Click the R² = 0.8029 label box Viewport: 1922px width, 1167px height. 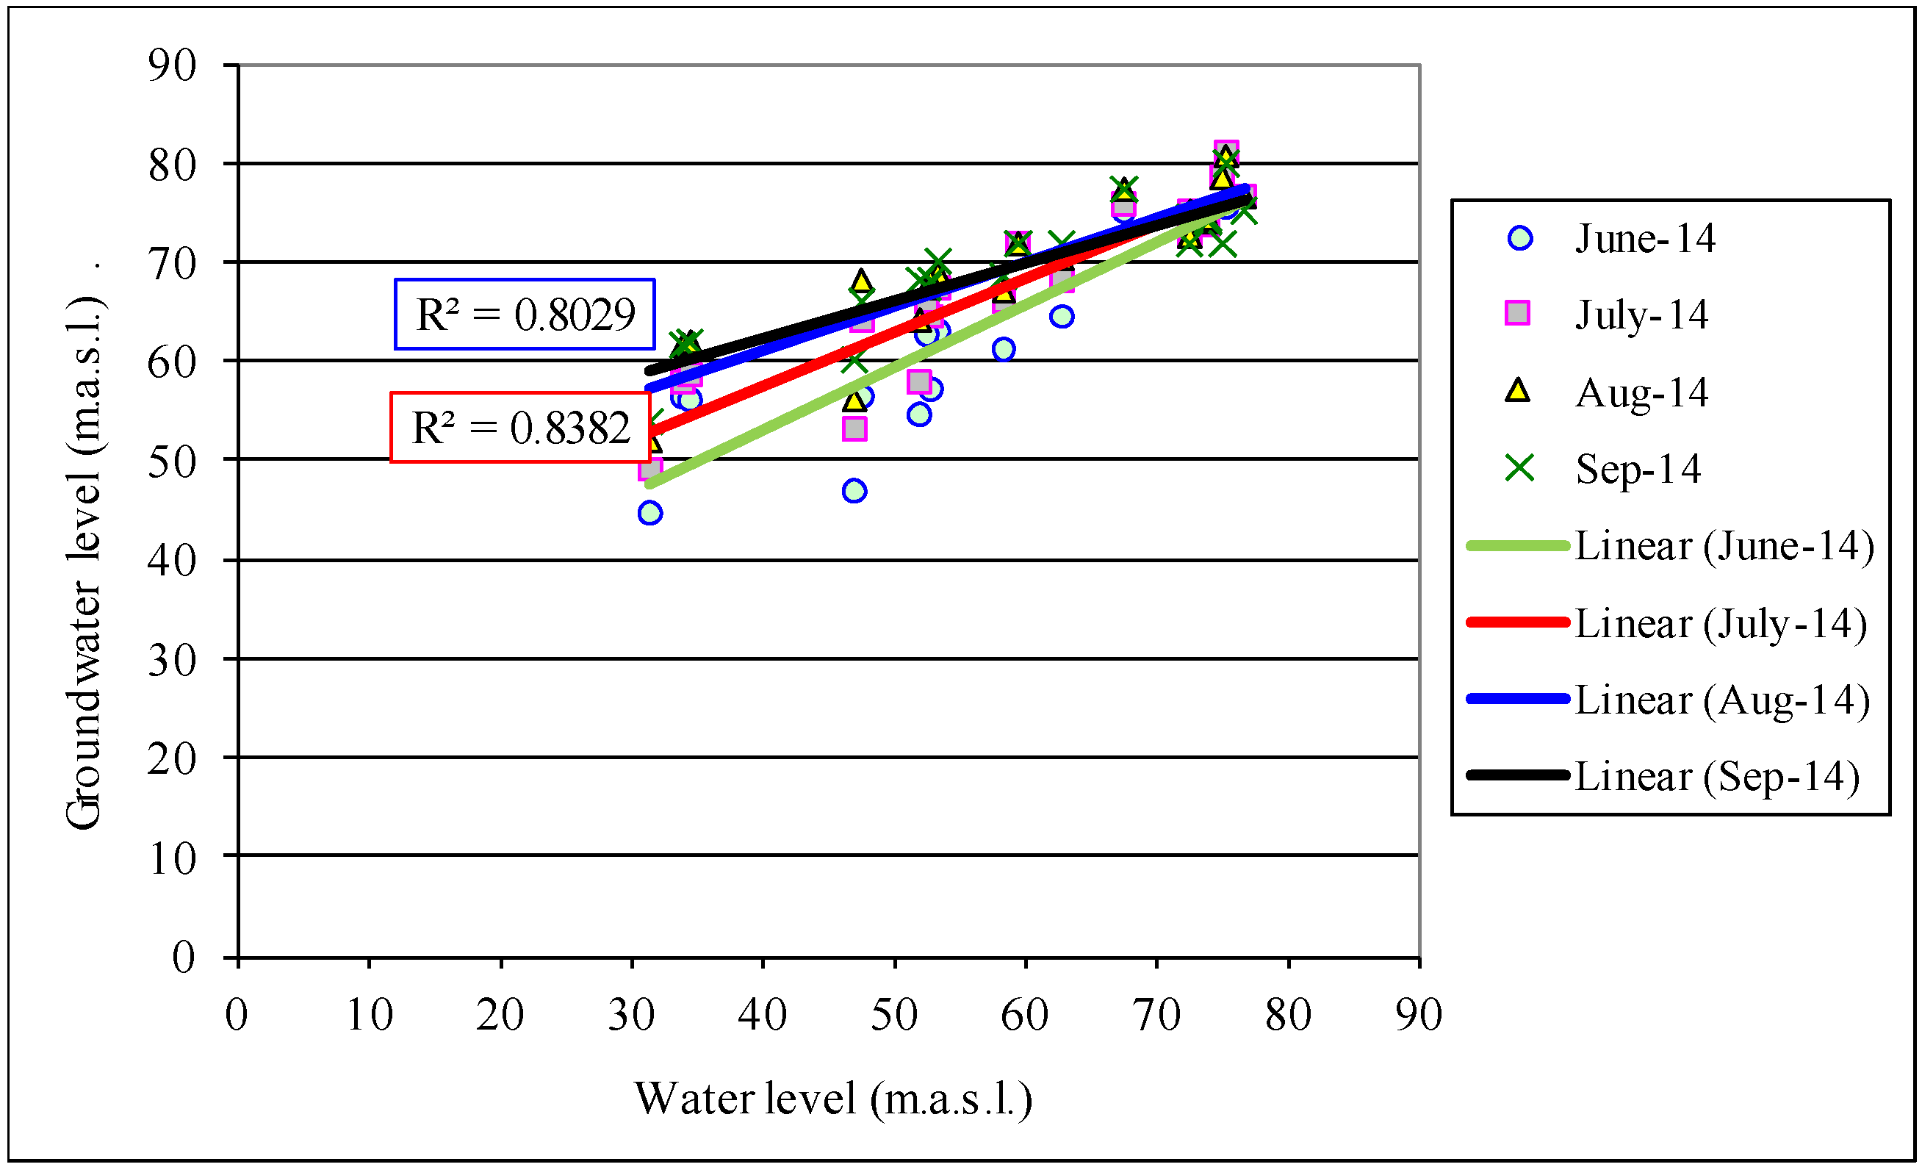pos(524,314)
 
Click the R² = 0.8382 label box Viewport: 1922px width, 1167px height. pos(520,427)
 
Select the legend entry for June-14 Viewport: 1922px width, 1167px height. pos(1644,238)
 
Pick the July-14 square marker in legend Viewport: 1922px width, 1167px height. pos(1517,314)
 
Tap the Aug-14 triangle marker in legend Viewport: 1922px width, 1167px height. pos(1517,390)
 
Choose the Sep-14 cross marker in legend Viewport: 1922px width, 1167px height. pos(1519,468)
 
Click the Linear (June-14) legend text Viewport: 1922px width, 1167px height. pos(1724,545)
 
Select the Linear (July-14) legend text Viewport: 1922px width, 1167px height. pos(1721,622)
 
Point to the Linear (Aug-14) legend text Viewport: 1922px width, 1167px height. pos(1722,699)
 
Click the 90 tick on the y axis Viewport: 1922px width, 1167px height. pos(173,65)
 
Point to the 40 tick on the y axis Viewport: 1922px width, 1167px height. pos(173,560)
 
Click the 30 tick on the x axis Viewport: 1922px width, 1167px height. pos(631,1015)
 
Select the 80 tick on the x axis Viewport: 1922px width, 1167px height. pos(1288,1015)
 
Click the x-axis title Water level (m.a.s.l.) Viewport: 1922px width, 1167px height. pos(833,1099)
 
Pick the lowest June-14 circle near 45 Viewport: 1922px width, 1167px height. pos(649,512)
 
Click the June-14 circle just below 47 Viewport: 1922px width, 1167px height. pos(854,491)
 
